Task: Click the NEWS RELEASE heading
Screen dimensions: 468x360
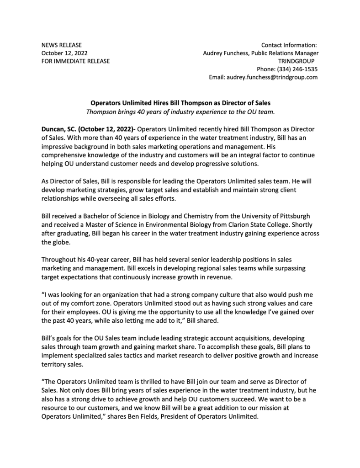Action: pyautogui.click(x=62, y=45)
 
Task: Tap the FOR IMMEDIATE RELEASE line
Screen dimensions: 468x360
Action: pyautogui.click(x=75, y=61)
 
